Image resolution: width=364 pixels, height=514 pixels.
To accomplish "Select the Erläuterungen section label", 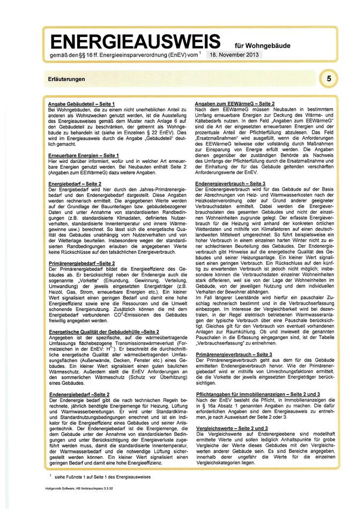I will pyautogui.click(x=66, y=79).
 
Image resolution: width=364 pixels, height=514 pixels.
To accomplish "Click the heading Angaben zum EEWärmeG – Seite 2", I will pyautogui.click(x=242, y=103).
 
